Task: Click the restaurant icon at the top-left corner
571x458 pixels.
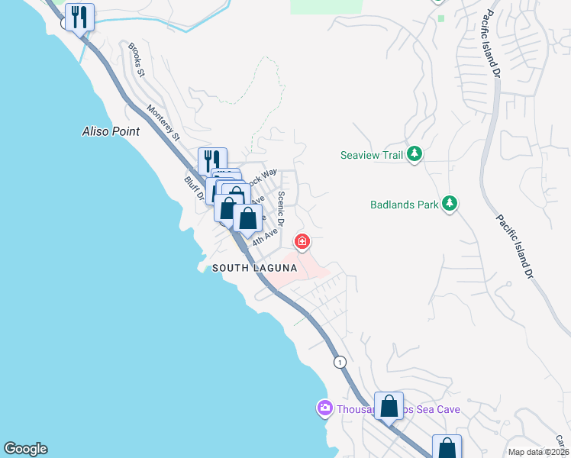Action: pos(79,17)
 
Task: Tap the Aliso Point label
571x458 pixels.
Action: pos(111,131)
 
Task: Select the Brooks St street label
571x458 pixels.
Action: pos(137,60)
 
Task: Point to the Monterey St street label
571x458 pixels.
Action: pos(163,123)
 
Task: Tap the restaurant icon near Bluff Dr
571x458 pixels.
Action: pos(213,160)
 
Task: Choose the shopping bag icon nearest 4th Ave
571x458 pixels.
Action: pos(247,218)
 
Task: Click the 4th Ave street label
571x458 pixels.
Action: pos(263,235)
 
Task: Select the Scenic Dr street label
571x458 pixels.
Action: pos(281,208)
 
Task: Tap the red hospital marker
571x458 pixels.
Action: pos(303,242)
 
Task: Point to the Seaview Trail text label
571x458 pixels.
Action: pos(371,156)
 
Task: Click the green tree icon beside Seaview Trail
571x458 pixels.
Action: pos(415,155)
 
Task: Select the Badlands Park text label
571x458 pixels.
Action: pos(404,205)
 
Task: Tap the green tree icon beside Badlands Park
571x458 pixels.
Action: pos(450,204)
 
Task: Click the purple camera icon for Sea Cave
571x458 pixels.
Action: pos(324,409)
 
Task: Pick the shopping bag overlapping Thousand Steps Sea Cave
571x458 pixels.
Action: pos(389,405)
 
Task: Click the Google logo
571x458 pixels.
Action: pos(25,449)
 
